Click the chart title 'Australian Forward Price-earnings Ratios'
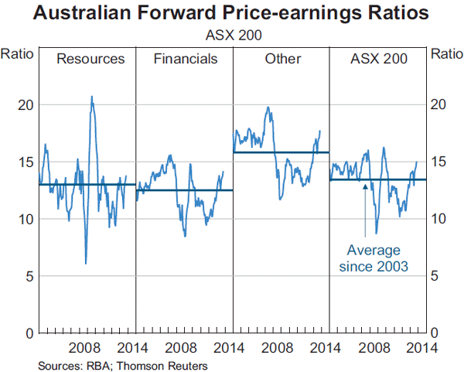(x=231, y=14)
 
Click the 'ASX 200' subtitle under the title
(x=231, y=34)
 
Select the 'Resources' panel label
(x=90, y=59)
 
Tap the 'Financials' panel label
(x=186, y=59)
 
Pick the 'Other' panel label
(x=281, y=59)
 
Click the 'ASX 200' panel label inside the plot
(x=379, y=59)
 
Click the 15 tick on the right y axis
(x=438, y=162)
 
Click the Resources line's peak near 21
(x=92, y=97)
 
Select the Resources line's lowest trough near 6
(x=85, y=264)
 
